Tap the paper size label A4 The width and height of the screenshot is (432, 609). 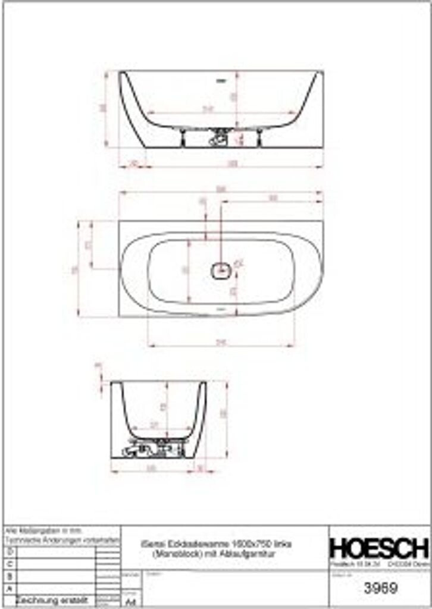(131, 601)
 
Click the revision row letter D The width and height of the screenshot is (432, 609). (8, 551)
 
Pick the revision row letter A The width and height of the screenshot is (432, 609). (8, 588)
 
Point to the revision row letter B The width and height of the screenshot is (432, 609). (8, 576)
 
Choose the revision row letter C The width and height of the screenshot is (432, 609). (8, 563)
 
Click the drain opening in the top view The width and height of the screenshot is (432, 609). (220, 271)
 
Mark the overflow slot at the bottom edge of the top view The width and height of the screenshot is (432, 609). (220, 309)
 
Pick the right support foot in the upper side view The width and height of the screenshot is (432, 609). (260, 138)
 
